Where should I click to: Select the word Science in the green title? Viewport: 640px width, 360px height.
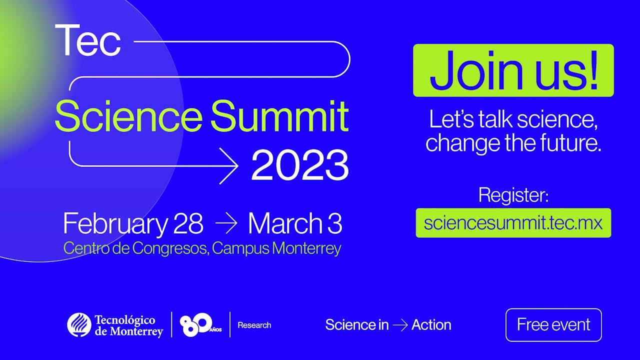[128, 117]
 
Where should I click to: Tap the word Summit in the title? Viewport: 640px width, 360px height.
[279, 117]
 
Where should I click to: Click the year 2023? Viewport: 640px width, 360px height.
[299, 165]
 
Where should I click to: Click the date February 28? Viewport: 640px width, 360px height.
[133, 223]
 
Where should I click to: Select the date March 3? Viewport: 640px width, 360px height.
[295, 223]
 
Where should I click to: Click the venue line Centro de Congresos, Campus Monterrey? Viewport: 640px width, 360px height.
[202, 248]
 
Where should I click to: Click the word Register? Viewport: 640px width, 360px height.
[513, 195]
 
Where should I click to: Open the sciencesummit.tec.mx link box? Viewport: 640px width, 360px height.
[513, 222]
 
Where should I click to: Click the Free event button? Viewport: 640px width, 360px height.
[553, 325]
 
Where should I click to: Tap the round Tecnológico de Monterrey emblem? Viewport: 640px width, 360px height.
[79, 325]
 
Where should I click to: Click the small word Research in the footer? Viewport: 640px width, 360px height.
[254, 325]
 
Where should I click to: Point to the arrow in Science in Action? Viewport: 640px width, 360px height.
[400, 325]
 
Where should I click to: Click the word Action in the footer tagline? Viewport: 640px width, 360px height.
[431, 325]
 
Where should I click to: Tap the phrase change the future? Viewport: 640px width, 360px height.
[513, 143]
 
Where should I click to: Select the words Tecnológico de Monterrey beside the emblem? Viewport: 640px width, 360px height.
[128, 325]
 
